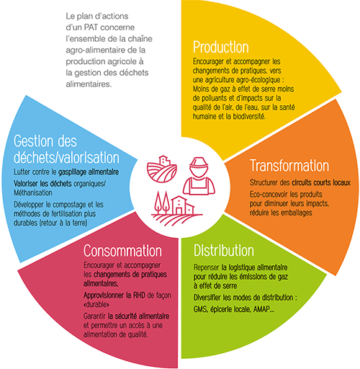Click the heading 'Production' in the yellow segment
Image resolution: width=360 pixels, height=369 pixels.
point(221,47)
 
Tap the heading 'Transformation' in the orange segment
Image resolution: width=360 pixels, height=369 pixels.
point(289,166)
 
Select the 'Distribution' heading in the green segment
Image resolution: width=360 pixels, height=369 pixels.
point(224,251)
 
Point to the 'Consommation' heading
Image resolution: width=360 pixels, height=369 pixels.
point(122,251)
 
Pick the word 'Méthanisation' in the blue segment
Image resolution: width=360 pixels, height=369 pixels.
point(33,193)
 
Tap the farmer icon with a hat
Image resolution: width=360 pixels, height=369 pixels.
point(199,176)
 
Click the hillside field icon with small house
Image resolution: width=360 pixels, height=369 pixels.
point(162,169)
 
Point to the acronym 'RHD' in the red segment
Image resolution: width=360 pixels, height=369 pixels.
point(139,295)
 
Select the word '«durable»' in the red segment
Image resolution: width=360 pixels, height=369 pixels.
point(96,304)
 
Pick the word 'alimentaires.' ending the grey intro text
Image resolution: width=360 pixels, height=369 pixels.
point(89,84)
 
